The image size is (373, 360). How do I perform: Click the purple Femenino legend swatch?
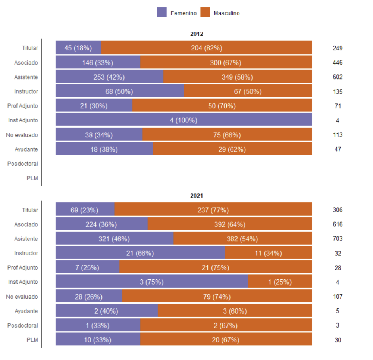point(162,12)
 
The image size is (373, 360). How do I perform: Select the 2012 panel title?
point(197,34)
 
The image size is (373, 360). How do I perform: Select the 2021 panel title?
point(197,196)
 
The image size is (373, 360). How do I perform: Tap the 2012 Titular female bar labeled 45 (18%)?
point(78,48)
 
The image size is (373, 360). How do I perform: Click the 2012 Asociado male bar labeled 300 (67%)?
point(226,62)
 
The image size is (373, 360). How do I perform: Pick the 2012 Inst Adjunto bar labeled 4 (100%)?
point(184,120)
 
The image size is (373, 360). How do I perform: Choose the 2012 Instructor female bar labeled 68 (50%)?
point(119,91)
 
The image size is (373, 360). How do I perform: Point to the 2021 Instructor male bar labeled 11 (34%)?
point(268,253)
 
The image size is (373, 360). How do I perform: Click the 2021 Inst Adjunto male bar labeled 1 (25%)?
point(280,282)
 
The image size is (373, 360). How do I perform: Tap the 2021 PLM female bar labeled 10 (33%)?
point(98,340)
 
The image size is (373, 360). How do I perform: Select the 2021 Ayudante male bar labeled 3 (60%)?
point(235,311)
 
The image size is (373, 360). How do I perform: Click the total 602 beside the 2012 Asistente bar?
point(338,77)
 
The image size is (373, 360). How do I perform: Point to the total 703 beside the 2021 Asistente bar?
point(338,239)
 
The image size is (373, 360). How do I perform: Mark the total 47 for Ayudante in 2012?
point(338,149)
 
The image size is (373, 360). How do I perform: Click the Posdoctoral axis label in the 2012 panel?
point(22,164)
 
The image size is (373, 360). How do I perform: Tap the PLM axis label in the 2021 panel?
point(32,340)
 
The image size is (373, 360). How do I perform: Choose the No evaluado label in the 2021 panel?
point(22,297)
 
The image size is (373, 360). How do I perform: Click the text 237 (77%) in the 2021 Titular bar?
point(213,210)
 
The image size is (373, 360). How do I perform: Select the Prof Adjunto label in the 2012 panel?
point(22,106)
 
